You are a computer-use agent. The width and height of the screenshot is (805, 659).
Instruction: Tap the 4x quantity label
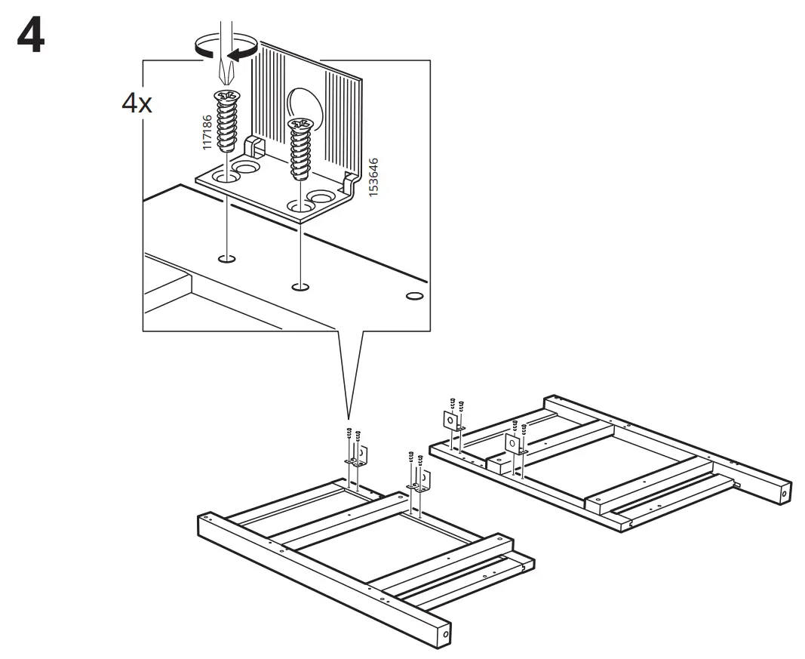point(137,103)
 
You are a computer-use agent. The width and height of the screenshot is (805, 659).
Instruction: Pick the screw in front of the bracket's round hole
point(301,147)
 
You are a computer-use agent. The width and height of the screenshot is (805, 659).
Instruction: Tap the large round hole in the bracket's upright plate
point(306,109)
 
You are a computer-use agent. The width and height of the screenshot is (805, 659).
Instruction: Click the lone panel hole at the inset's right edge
point(413,295)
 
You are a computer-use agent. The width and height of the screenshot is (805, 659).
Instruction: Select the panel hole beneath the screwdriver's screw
point(225,260)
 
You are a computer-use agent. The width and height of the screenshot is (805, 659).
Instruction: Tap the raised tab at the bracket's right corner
point(349,183)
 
